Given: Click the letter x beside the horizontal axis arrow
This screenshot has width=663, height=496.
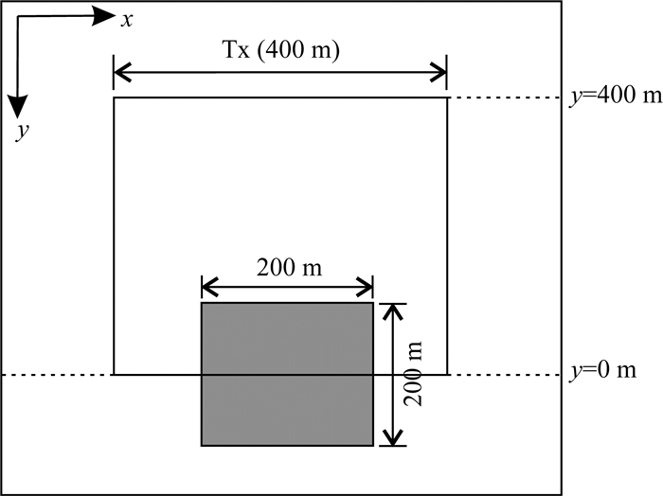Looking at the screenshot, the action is point(126,18).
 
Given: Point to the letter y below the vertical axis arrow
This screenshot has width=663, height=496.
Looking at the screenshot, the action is point(20,132).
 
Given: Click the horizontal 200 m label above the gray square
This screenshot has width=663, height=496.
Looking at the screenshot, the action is point(288,267).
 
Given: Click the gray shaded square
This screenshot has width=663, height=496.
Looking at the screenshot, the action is point(287,373).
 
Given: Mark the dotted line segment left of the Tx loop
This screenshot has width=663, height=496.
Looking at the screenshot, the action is point(57,375).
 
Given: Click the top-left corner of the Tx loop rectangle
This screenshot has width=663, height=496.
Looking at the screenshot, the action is point(114,97).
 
